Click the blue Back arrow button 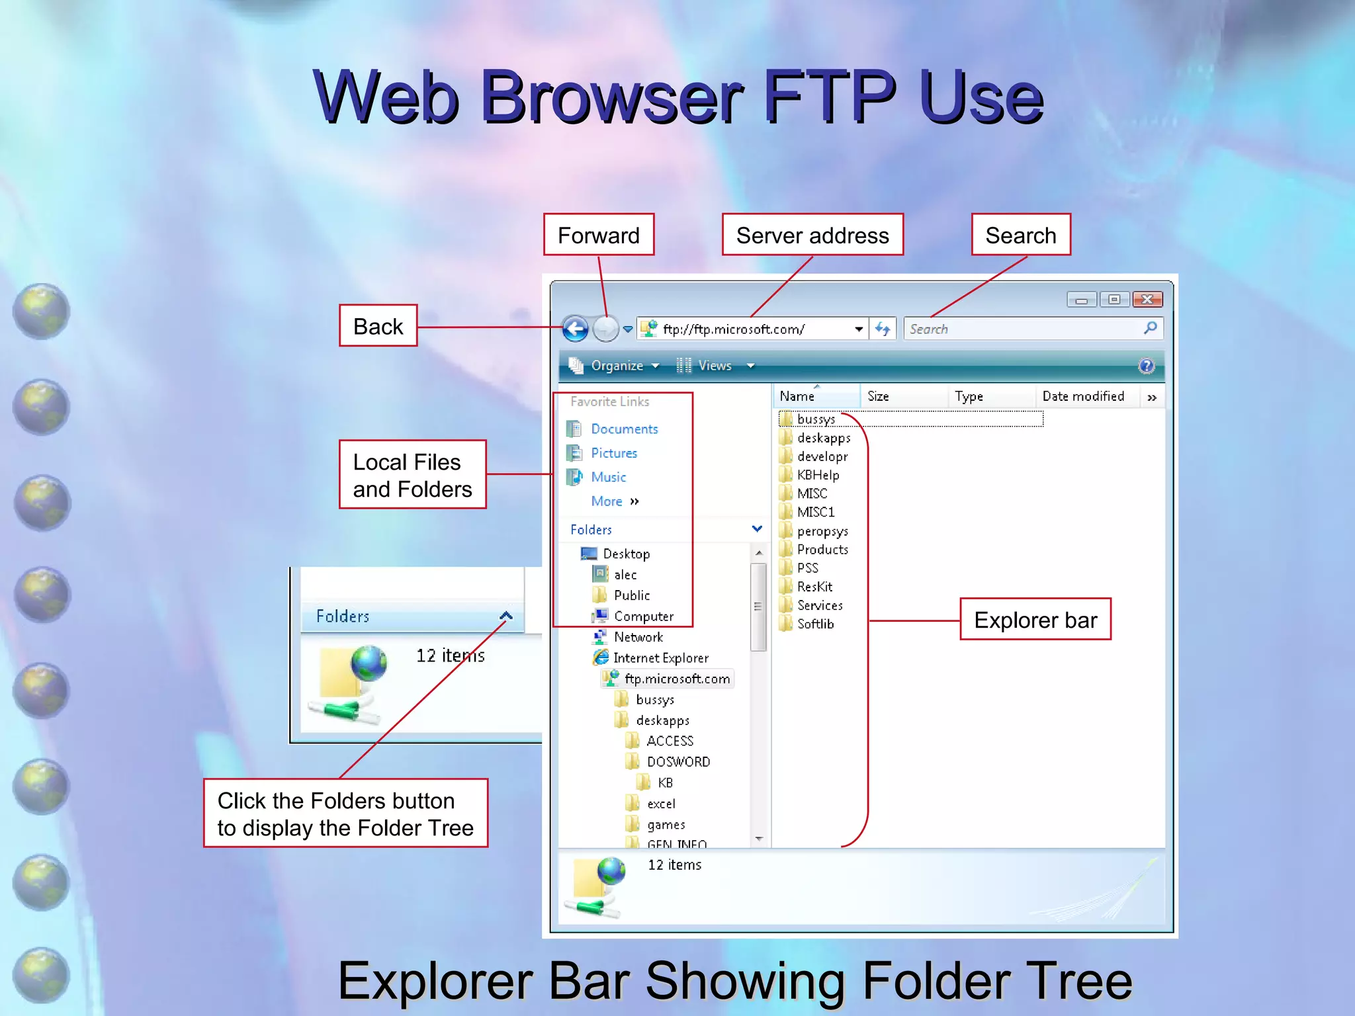pyautogui.click(x=575, y=329)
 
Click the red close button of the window pyautogui.click(x=1147, y=300)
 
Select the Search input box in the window pyautogui.click(x=1022, y=329)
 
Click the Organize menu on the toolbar pyautogui.click(x=617, y=366)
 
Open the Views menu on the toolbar pyautogui.click(x=715, y=366)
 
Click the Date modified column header pyautogui.click(x=1083, y=396)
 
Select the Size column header pyautogui.click(x=878, y=396)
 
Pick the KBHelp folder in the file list pyautogui.click(x=818, y=475)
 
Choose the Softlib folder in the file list pyautogui.click(x=815, y=624)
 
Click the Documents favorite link pyautogui.click(x=624, y=429)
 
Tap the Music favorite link pyautogui.click(x=608, y=477)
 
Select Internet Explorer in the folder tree pyautogui.click(x=660, y=657)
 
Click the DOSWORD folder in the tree pyautogui.click(x=678, y=762)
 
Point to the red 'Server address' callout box pyautogui.click(x=812, y=235)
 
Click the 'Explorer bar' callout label pyautogui.click(x=1035, y=620)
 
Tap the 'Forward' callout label pyautogui.click(x=599, y=235)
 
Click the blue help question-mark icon pyautogui.click(x=1146, y=366)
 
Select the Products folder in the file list pyautogui.click(x=822, y=550)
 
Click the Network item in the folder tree pyautogui.click(x=638, y=637)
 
